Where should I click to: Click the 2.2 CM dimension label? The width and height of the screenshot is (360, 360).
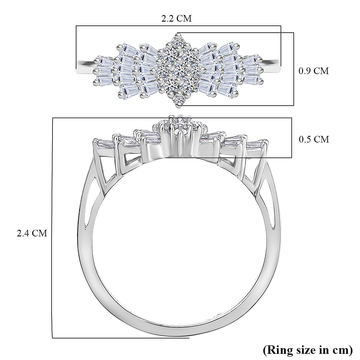click(x=176, y=19)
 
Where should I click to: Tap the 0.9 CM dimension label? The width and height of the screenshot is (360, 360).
click(x=313, y=71)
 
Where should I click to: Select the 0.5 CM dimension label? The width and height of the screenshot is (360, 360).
click(x=313, y=139)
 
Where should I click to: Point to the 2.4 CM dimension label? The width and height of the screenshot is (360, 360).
click(x=32, y=233)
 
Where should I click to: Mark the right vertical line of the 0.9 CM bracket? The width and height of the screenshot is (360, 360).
click(x=293, y=69)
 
